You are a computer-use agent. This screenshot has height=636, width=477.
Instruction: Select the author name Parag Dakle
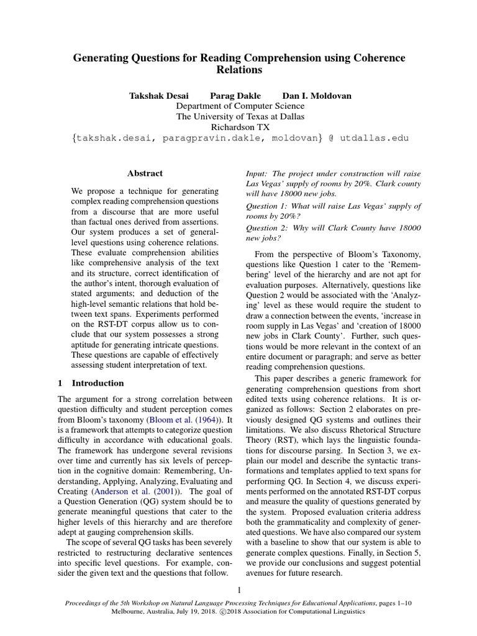click(235, 96)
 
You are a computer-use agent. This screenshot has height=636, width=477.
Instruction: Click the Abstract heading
click(145, 173)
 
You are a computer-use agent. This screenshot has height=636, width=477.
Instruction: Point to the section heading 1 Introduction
click(91, 383)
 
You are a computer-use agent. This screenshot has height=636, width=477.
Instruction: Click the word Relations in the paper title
click(239, 70)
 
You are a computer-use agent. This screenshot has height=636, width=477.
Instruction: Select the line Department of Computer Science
click(239, 106)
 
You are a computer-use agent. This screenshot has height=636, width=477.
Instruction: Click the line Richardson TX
click(239, 127)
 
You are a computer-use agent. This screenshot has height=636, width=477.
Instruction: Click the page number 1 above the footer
click(239, 590)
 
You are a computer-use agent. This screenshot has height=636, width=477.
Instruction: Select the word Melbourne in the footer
click(130, 611)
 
